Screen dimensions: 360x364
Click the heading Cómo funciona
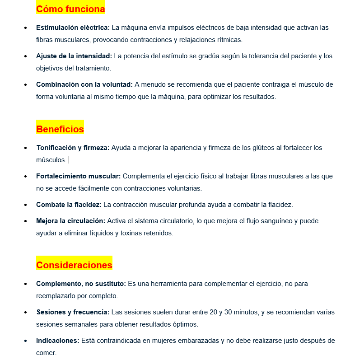pyautogui.click(x=70, y=9)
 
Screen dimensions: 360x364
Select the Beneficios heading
pyautogui.click(x=60, y=129)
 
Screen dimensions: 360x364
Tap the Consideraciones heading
pyautogui.click(x=74, y=265)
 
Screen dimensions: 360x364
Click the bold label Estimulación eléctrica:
pyautogui.click(x=73, y=28)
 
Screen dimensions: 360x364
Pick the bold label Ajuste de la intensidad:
pyautogui.click(x=74, y=56)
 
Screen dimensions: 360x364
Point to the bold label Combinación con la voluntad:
pyautogui.click(x=84, y=84)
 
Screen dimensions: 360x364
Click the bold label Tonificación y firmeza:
pyautogui.click(x=73, y=148)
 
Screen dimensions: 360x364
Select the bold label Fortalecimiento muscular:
pyautogui.click(x=78, y=176)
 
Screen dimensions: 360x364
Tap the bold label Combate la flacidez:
pyautogui.click(x=69, y=205)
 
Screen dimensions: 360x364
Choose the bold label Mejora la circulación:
pyautogui.click(x=70, y=221)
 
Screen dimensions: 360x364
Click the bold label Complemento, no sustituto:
pyautogui.click(x=81, y=284)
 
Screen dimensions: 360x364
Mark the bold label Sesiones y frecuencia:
pyautogui.click(x=72, y=312)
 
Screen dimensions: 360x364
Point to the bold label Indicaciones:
pyautogui.click(x=58, y=341)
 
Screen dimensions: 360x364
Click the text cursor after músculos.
pyautogui.click(x=69, y=160)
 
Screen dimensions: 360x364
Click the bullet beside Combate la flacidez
pyautogui.click(x=26, y=205)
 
